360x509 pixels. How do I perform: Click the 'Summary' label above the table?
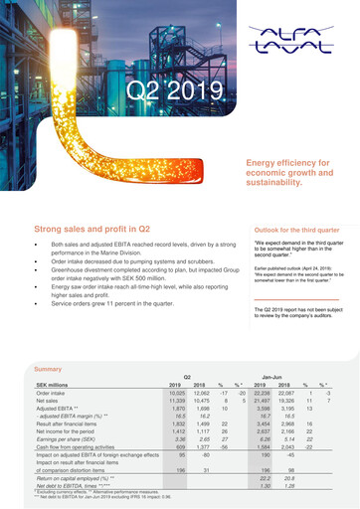48,369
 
